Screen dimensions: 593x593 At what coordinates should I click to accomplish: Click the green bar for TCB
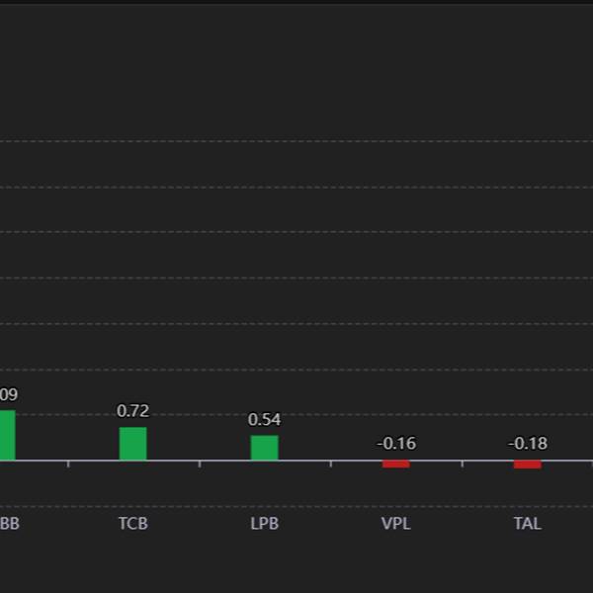[132, 444]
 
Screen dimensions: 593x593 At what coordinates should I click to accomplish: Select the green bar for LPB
[264, 448]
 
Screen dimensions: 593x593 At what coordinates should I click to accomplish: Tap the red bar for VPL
[395, 464]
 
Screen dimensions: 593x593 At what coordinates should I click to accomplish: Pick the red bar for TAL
[527, 464]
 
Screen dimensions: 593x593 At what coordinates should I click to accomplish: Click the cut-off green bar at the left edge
[7, 435]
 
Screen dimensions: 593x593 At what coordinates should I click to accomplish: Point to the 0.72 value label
[132, 411]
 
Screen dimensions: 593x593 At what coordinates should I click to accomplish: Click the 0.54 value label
[264, 420]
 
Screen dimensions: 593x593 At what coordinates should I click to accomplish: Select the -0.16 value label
[396, 444]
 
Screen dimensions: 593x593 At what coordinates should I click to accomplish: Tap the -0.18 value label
[528, 444]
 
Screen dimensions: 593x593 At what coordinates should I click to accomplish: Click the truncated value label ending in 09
[8, 394]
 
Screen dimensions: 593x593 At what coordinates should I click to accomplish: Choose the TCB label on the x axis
[132, 524]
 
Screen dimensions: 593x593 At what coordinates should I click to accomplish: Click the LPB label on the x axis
[264, 524]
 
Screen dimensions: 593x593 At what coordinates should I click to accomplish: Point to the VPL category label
[395, 524]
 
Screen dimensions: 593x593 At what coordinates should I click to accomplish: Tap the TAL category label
[527, 524]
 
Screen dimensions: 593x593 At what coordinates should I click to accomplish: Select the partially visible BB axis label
[9, 524]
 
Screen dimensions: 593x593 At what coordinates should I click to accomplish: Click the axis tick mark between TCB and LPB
[199, 464]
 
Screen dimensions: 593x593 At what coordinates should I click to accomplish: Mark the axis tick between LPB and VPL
[330, 464]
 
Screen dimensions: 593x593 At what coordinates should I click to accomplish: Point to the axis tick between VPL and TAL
[462, 464]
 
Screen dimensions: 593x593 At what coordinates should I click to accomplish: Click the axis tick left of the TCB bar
[67, 464]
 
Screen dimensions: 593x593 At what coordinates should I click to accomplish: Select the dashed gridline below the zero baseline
[296, 506]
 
